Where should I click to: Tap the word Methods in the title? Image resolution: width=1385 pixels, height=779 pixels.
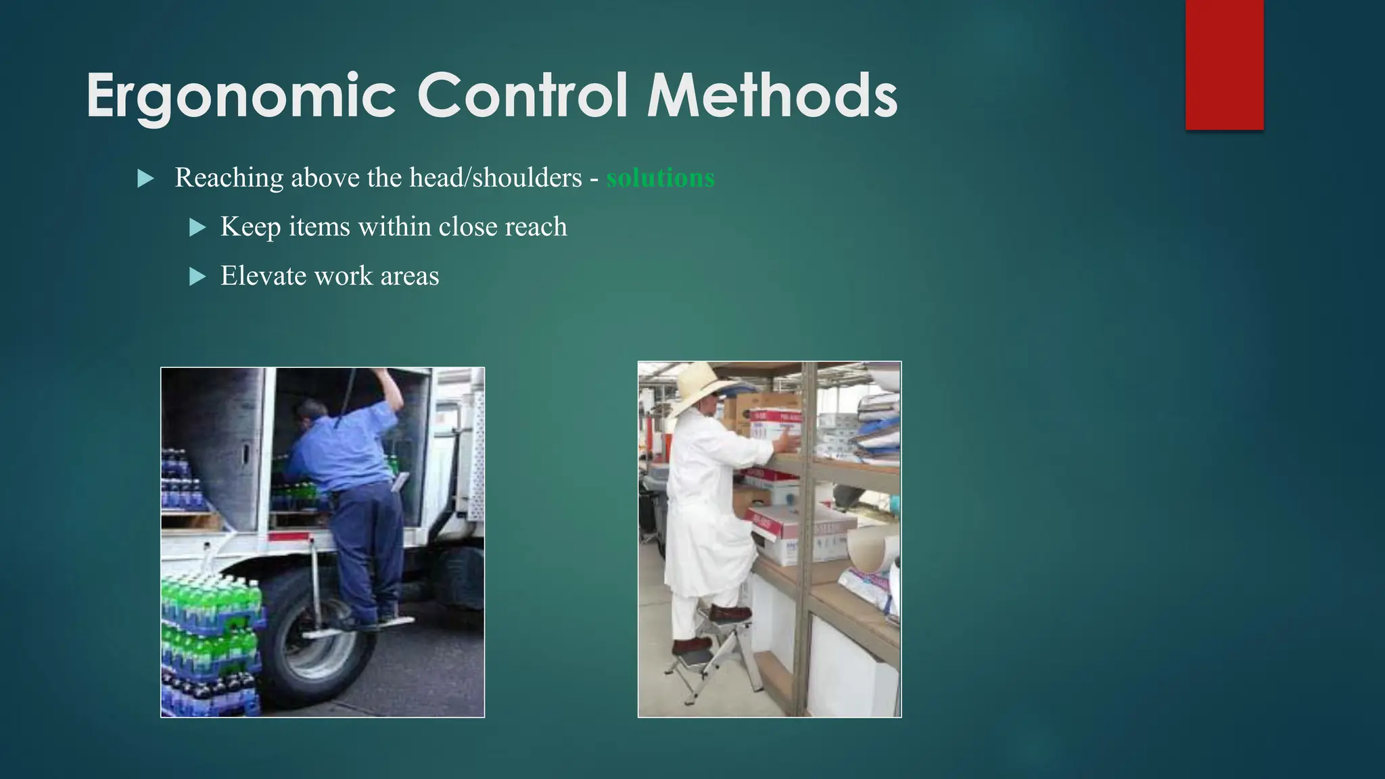(x=772, y=96)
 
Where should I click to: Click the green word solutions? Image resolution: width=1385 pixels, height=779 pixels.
(x=660, y=178)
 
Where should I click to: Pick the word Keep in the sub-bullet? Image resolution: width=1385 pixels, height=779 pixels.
(x=250, y=227)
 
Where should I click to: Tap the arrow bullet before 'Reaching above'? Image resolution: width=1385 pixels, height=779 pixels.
(x=145, y=179)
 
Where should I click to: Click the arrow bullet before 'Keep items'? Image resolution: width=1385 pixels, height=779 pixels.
(x=197, y=227)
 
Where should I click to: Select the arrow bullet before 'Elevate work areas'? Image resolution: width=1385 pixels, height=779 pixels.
(x=197, y=277)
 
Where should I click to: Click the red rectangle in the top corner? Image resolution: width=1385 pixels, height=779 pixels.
(x=1224, y=64)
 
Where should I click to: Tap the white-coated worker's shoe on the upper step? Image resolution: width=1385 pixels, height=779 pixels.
(x=730, y=614)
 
